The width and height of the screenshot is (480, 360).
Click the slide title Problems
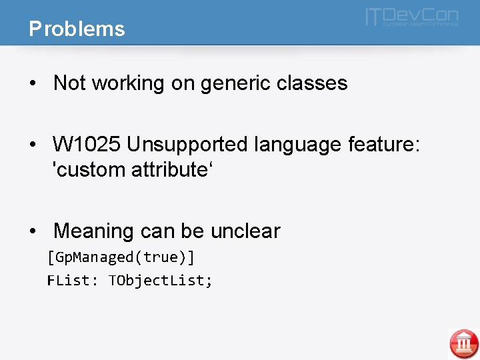coord(77,29)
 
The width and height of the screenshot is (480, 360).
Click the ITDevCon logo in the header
coord(411,17)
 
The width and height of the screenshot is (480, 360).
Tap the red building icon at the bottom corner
coord(463,343)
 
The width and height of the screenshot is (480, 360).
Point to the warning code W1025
coord(87,145)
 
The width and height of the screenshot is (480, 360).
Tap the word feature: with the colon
coord(387,145)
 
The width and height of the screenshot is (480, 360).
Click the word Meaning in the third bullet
coord(95,231)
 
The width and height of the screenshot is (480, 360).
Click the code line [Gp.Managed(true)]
coord(121,257)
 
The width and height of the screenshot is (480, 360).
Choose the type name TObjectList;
coord(161,281)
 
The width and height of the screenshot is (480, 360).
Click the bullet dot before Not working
coord(33,84)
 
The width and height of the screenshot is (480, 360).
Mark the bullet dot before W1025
coord(33,145)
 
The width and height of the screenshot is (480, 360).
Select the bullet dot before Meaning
coord(33,232)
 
